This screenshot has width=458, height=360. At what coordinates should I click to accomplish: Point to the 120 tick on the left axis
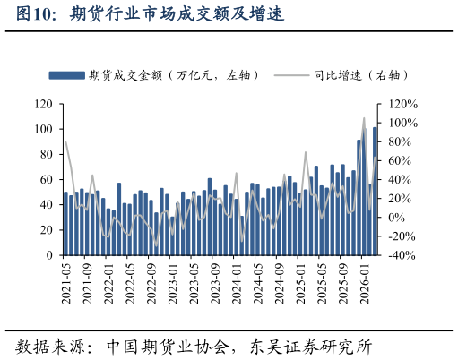point(42,104)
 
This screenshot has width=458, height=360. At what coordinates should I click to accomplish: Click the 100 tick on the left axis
point(42,129)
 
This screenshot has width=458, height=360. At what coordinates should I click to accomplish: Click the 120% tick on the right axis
point(395,104)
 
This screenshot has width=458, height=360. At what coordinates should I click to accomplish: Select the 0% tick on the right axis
point(391,218)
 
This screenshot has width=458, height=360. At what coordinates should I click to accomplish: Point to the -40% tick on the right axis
point(395,255)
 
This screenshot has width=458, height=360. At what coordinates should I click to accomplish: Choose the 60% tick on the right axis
point(393,160)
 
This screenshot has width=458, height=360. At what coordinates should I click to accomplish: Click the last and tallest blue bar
point(375,192)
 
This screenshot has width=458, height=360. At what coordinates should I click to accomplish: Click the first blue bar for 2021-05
point(65,224)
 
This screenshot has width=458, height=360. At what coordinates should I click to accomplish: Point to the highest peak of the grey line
point(364,118)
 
